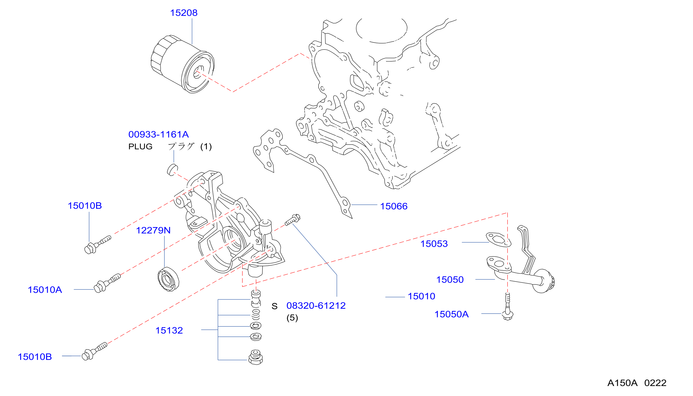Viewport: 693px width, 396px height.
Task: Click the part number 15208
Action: click(184, 13)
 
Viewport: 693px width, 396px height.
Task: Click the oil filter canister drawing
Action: click(183, 64)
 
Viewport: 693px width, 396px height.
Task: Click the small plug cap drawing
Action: click(172, 170)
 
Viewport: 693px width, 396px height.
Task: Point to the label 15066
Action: click(394, 207)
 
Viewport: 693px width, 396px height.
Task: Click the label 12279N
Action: click(153, 231)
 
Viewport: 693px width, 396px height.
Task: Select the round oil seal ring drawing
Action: click(168, 279)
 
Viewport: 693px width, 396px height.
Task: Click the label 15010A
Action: click(45, 290)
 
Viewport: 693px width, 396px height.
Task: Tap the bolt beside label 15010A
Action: click(107, 283)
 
